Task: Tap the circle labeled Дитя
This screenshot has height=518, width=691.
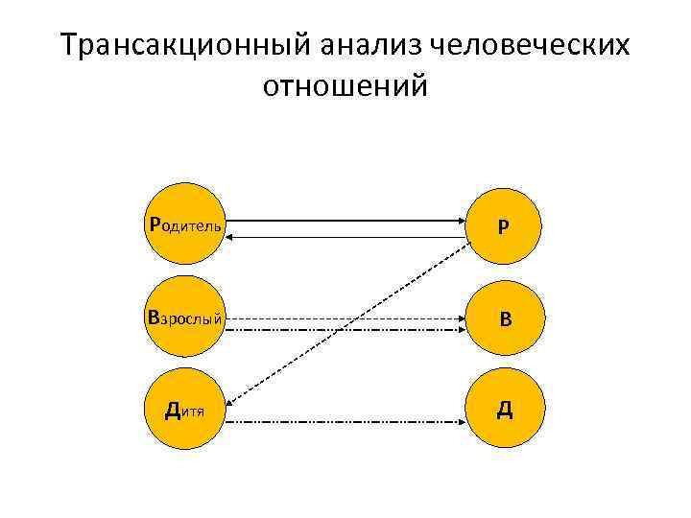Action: [183, 410]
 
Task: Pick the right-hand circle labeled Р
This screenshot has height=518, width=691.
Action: [503, 226]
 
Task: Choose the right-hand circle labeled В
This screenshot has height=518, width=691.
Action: [503, 318]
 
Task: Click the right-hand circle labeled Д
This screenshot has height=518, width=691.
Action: [503, 411]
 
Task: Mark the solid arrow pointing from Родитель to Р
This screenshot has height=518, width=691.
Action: [345, 221]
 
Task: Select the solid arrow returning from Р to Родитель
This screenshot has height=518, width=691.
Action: [345, 235]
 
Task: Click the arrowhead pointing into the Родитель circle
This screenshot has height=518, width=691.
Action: [234, 235]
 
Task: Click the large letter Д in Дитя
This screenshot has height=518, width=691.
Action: [173, 411]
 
